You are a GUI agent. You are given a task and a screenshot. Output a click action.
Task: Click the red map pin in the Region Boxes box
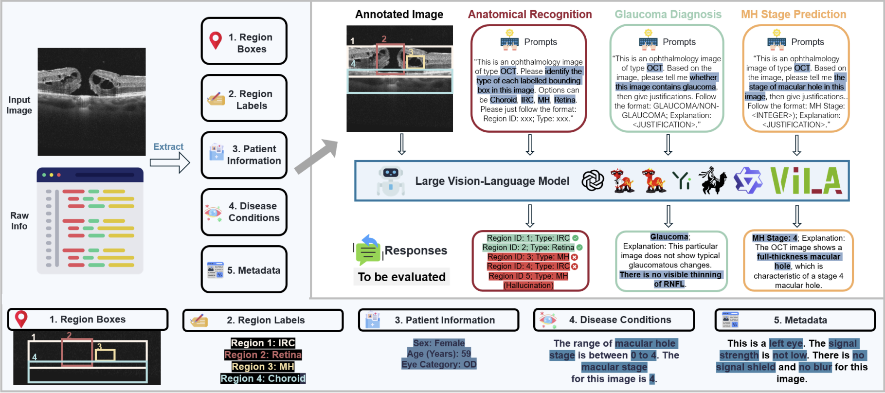[x=216, y=40]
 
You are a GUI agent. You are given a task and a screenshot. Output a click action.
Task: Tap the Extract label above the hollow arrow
[x=168, y=146]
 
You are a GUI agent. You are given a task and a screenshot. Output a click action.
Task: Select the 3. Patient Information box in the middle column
[x=244, y=155]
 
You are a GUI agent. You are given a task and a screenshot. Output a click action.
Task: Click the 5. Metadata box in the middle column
[x=244, y=270]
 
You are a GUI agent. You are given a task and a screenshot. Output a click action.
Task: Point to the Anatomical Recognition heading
[x=530, y=15]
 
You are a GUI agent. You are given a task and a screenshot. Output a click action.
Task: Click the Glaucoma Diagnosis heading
[x=668, y=15]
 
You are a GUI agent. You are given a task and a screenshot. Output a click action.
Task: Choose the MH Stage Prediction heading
[x=794, y=15]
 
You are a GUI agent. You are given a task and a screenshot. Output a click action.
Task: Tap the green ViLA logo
[x=806, y=181]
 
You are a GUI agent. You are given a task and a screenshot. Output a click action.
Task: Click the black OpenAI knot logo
[x=593, y=181]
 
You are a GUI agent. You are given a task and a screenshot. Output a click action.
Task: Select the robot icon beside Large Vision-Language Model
[x=391, y=181]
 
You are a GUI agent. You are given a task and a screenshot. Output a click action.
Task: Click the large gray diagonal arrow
[x=316, y=156]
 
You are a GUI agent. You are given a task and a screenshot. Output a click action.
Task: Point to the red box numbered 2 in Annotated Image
[x=390, y=59]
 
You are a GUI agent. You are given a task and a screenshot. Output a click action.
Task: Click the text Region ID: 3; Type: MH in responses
[x=528, y=257]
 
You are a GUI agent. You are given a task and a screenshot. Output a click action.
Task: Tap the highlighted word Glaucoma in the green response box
[x=669, y=237]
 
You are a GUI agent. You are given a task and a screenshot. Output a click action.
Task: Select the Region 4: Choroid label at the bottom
[x=263, y=378]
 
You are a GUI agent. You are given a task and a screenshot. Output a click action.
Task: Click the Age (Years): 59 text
[x=439, y=354]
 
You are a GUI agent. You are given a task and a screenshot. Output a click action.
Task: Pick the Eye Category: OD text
[x=439, y=364]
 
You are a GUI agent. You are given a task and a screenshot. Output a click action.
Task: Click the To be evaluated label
[x=402, y=277]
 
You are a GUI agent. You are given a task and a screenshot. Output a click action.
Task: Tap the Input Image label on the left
[x=19, y=105]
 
